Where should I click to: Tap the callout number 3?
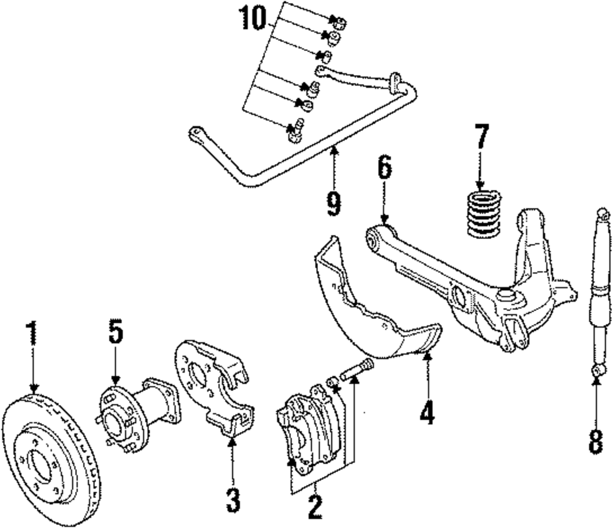[x=232, y=500]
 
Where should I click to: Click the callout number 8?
[x=595, y=441]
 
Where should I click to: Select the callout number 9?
[x=333, y=202]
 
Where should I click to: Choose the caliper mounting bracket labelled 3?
[x=215, y=387]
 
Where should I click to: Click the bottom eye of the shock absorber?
[x=597, y=371]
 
